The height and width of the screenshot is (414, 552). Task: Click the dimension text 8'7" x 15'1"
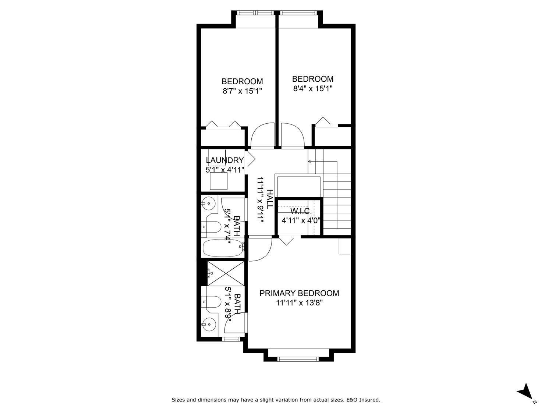(242, 91)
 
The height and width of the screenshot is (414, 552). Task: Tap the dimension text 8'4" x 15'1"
(313, 88)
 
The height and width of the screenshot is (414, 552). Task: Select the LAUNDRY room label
(224, 160)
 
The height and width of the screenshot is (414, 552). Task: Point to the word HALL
(269, 199)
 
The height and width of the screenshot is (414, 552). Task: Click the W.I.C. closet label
(301, 211)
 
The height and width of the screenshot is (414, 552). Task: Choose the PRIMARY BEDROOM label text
(299, 293)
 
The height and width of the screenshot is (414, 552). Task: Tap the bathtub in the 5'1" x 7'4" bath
(223, 248)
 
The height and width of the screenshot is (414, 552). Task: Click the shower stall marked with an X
(226, 273)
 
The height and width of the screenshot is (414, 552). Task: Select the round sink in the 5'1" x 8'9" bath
(209, 325)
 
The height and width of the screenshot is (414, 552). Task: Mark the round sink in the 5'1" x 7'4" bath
(209, 202)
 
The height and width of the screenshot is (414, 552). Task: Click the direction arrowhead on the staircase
(310, 161)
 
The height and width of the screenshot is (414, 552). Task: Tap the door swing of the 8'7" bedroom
(263, 135)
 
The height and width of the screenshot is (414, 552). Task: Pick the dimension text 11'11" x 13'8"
(299, 303)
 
